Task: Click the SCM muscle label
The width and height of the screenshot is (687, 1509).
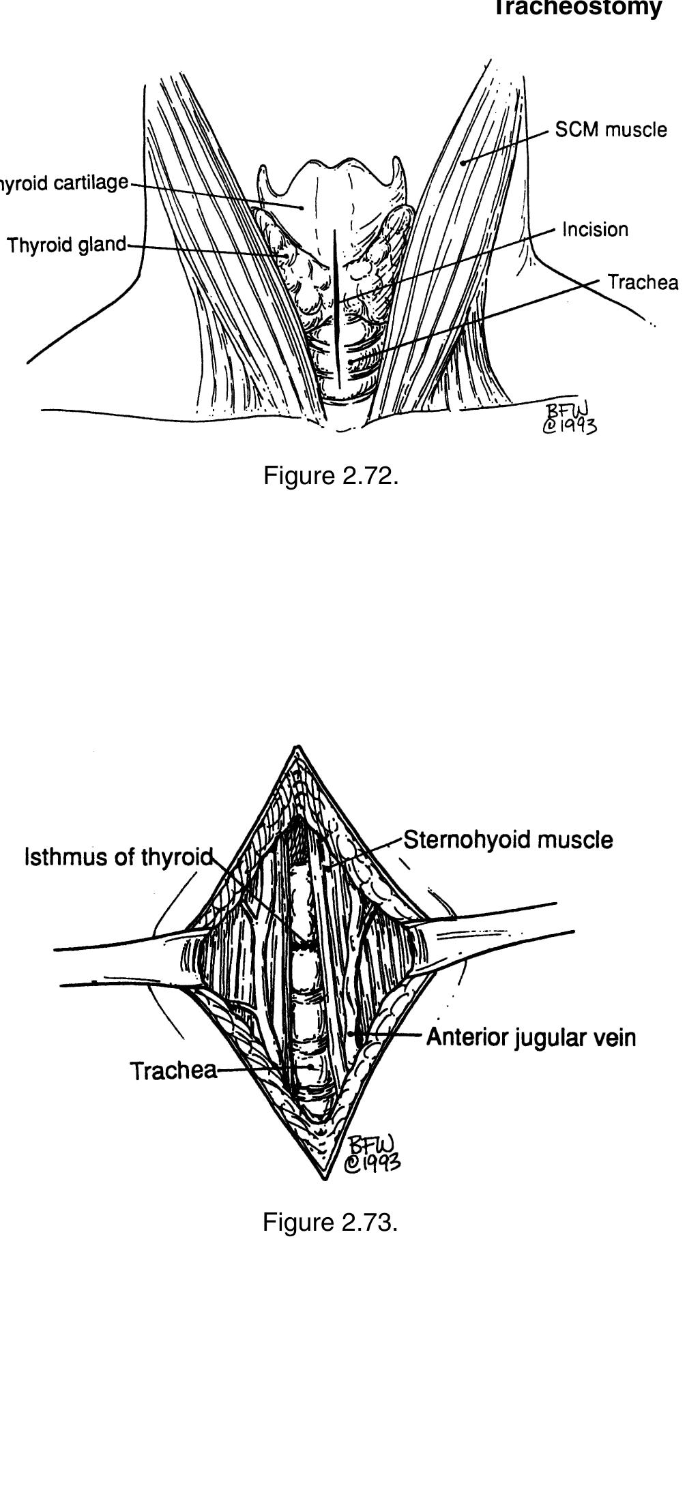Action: pos(611,130)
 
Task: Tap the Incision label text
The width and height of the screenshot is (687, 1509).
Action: pos(595,230)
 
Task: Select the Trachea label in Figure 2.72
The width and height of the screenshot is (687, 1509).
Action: pos(643,282)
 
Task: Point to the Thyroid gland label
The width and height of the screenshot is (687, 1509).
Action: pos(66,245)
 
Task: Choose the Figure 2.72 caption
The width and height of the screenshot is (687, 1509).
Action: pos(330,476)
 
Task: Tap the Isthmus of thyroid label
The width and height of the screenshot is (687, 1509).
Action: pos(119,856)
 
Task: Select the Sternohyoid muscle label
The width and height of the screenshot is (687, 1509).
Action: pos(508,839)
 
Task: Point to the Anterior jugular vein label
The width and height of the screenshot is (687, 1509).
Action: pos(531,1037)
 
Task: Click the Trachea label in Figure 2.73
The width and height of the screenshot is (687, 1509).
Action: pos(173,1071)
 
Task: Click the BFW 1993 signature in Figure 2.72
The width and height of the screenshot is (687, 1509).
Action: pos(569,417)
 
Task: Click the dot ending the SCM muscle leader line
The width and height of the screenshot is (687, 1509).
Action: pos(462,162)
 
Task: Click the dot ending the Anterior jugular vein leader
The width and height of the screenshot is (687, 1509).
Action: pos(351,1034)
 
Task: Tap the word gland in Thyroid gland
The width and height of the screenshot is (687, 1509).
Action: pos(102,245)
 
